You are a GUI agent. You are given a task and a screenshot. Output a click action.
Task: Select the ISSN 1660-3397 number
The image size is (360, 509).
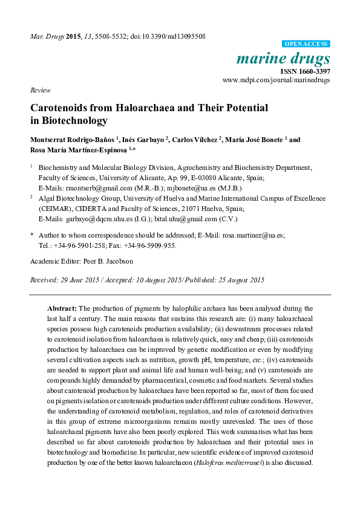[307, 71]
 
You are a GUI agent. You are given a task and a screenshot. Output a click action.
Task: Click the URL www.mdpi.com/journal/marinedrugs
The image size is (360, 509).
[277, 80]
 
